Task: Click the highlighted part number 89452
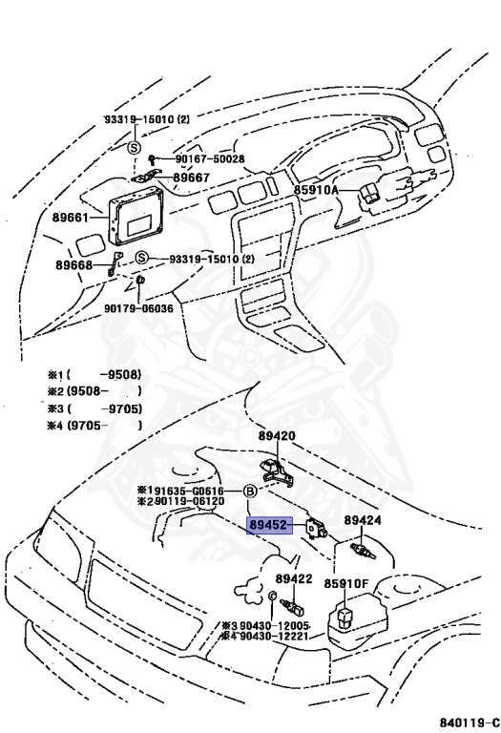tap(267, 524)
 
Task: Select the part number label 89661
tap(73, 219)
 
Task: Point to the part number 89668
tap(73, 265)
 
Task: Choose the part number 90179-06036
tap(138, 308)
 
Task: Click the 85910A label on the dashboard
tap(316, 191)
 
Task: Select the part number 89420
tap(277, 435)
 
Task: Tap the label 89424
tap(363, 521)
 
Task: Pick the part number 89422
tap(294, 579)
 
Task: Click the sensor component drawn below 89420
tap(276, 468)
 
